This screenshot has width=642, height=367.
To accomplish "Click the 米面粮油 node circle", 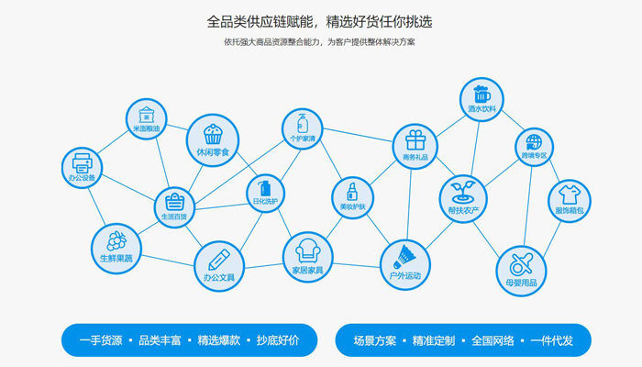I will coord(147,119).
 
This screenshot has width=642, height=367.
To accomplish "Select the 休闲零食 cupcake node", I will coord(213,139).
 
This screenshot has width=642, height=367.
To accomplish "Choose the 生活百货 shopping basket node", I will coord(174,207).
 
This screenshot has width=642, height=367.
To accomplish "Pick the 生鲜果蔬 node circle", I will coord(116,246).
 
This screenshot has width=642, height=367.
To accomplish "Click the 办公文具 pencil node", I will coord(218,264).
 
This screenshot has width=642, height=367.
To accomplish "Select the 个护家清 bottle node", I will coord(303,129).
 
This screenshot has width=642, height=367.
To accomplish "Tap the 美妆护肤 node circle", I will coord(352,197).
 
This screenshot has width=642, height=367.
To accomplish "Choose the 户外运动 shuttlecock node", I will coord(404,262).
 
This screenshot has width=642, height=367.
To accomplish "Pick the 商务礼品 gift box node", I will coord(415,145).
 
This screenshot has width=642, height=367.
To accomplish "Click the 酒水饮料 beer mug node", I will coord(481,99).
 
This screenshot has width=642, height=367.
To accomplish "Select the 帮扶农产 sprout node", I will coord(463,198).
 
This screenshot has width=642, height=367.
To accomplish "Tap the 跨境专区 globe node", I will coord(534,147).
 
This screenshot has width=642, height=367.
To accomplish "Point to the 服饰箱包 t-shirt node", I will coord(570,200).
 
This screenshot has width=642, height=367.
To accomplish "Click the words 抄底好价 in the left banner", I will coord(278,340).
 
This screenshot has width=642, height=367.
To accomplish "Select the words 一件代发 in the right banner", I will coord(551,340).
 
